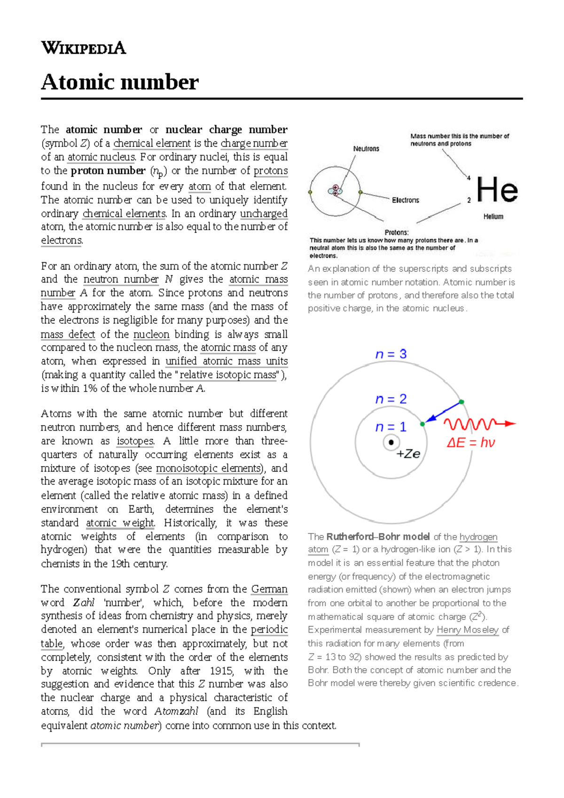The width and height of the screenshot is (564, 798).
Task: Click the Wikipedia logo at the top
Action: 83,48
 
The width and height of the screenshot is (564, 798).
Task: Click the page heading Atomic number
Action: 120,82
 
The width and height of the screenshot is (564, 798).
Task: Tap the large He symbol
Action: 497,190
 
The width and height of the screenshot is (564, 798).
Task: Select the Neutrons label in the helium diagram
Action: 366,149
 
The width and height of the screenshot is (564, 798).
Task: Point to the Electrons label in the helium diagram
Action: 405,200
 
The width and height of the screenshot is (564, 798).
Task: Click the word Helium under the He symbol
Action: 493,217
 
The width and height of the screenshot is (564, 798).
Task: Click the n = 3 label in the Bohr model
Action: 391,354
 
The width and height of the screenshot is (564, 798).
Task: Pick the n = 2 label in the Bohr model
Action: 391,399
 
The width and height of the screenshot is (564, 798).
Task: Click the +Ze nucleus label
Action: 408,454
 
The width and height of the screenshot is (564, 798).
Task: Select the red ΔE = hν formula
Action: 470,443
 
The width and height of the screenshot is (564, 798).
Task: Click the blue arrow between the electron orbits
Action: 442,412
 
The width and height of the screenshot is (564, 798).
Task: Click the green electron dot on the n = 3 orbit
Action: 462,402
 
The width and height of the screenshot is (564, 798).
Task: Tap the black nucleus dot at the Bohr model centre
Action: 391,442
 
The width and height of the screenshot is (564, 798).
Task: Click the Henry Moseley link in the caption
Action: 467,630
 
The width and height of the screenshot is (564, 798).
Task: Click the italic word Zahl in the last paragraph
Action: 84,602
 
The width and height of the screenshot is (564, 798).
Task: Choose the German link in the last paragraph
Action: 269,589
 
